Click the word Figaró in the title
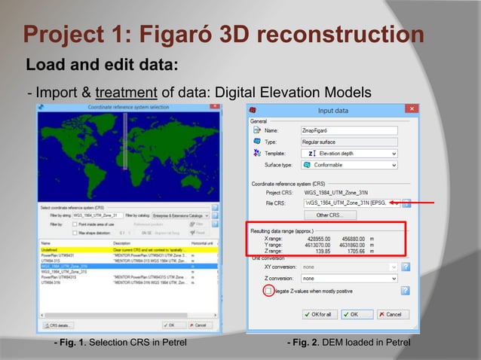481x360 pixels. [189, 35]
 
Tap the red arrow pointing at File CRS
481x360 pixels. [422, 203]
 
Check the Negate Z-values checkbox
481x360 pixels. [268, 291]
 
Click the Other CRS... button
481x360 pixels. [330, 215]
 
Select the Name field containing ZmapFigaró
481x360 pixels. [348, 130]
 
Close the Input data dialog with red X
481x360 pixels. [412, 110]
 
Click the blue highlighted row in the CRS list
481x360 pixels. [128, 266]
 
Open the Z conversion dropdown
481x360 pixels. [348, 278]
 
